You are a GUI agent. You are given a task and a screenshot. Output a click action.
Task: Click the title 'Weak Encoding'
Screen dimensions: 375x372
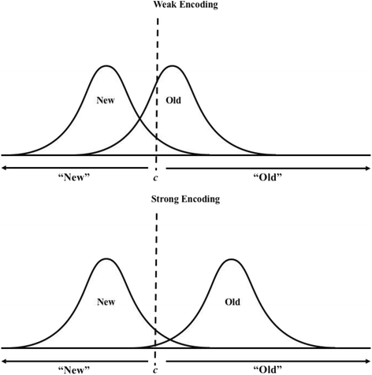[x=185, y=6]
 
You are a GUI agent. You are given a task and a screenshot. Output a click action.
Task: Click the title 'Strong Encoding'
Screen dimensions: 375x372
[x=185, y=199]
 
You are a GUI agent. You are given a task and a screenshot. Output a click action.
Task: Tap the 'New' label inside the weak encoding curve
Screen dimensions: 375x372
[x=107, y=102]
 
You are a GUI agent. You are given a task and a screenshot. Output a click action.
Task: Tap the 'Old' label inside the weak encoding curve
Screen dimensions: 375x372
[x=174, y=102]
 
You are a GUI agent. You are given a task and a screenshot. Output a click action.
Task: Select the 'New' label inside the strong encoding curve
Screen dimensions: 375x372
[x=105, y=301]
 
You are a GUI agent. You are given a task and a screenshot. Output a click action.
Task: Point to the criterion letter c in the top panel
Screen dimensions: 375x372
[x=155, y=176]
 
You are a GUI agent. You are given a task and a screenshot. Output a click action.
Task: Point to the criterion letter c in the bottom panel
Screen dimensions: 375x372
[x=155, y=369]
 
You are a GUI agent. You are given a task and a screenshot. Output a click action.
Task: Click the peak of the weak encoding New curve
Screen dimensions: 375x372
[x=107, y=65]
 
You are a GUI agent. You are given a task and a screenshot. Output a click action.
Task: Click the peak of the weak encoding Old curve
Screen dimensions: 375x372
[x=173, y=65]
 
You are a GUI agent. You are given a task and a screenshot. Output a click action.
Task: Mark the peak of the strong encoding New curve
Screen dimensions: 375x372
[x=105, y=258]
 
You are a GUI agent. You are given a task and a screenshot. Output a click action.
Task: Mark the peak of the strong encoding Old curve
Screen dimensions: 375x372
[x=230, y=258]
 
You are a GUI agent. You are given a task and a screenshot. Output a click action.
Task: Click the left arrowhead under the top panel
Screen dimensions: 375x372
[x=4, y=167]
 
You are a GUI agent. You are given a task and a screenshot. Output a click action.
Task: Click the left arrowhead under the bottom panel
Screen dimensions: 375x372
[x=4, y=360]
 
